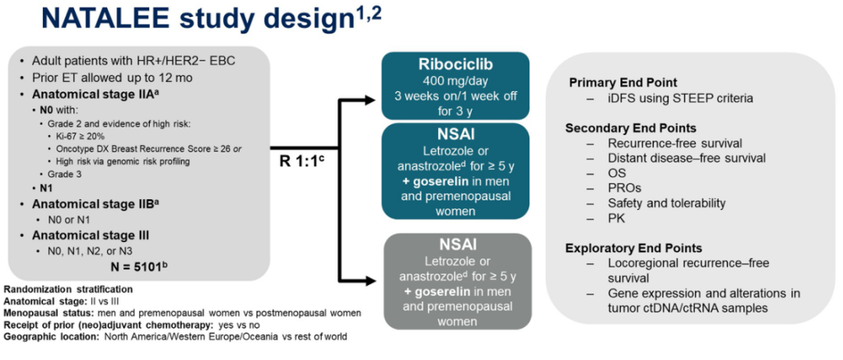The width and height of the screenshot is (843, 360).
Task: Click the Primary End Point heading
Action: (x=622, y=83)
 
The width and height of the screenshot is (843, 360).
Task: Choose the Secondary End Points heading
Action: (x=633, y=128)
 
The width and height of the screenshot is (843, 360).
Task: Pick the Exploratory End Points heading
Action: (x=634, y=248)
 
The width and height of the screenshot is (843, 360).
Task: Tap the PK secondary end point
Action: (x=616, y=219)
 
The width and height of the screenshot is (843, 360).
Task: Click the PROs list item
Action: (x=622, y=188)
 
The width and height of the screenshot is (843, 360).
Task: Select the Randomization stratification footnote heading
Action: (x=57, y=290)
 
